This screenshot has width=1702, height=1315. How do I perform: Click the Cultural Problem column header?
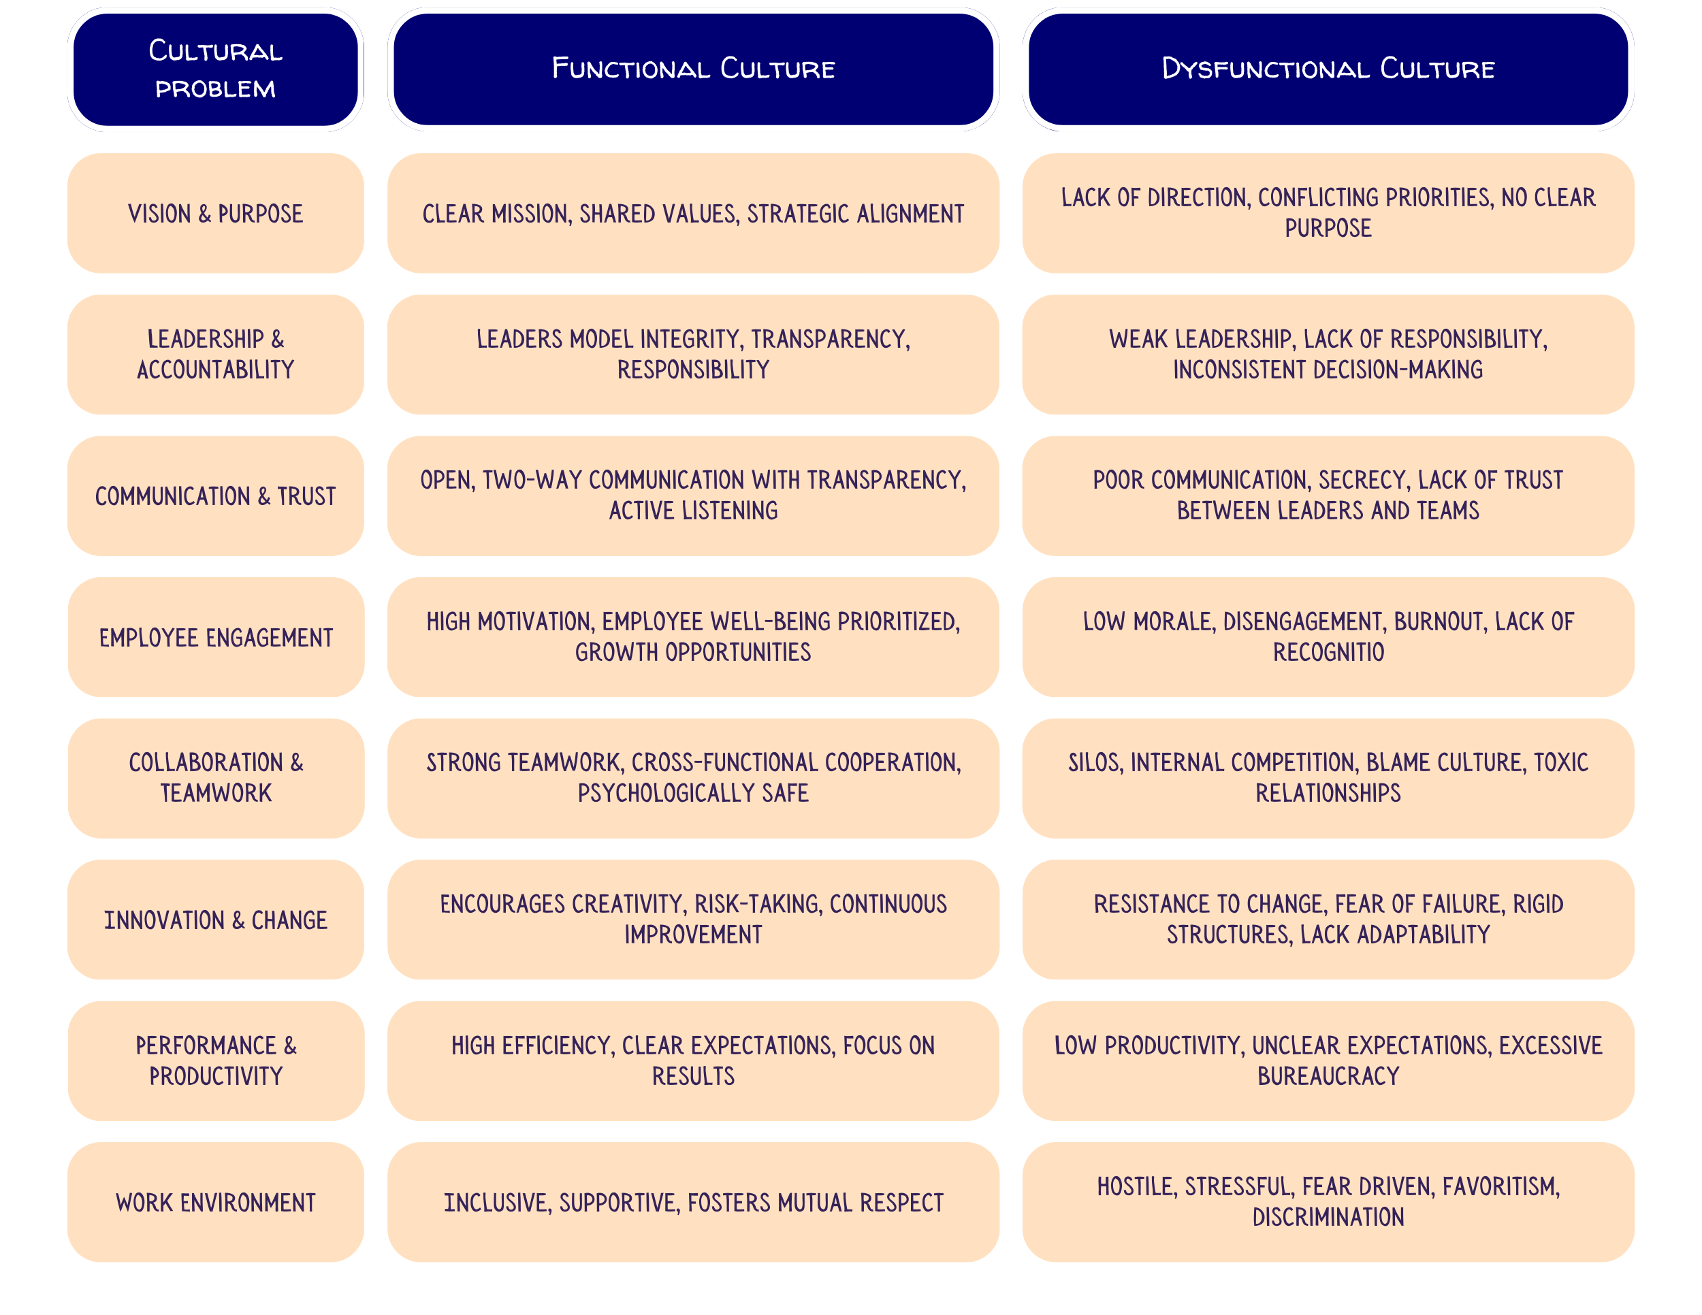(x=215, y=69)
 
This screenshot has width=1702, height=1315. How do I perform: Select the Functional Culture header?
(x=693, y=69)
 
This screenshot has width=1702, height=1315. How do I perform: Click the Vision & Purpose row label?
(x=215, y=214)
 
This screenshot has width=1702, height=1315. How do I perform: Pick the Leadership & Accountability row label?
(x=215, y=355)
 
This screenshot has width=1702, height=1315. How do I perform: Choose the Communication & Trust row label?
(x=215, y=496)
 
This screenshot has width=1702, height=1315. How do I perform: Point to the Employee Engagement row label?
(x=215, y=637)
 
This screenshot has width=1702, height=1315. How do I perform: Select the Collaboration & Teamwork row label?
(x=215, y=777)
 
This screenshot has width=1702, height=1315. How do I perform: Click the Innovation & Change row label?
(x=215, y=920)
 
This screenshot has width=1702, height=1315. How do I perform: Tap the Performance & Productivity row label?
(x=215, y=1061)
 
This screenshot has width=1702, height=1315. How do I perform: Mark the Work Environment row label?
(x=215, y=1203)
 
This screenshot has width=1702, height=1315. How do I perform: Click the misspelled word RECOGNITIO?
(x=1328, y=652)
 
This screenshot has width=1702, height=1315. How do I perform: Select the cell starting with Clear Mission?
(x=693, y=214)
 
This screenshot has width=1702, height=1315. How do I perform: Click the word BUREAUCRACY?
(x=1328, y=1077)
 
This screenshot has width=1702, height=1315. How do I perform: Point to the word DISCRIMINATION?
(x=1328, y=1218)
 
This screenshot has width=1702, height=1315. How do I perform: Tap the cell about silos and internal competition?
(x=1328, y=777)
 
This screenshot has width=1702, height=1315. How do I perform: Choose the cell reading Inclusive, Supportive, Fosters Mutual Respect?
(x=693, y=1203)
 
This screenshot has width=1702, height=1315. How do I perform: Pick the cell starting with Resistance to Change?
(x=1328, y=920)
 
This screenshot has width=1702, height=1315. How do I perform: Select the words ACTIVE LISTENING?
(x=693, y=511)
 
